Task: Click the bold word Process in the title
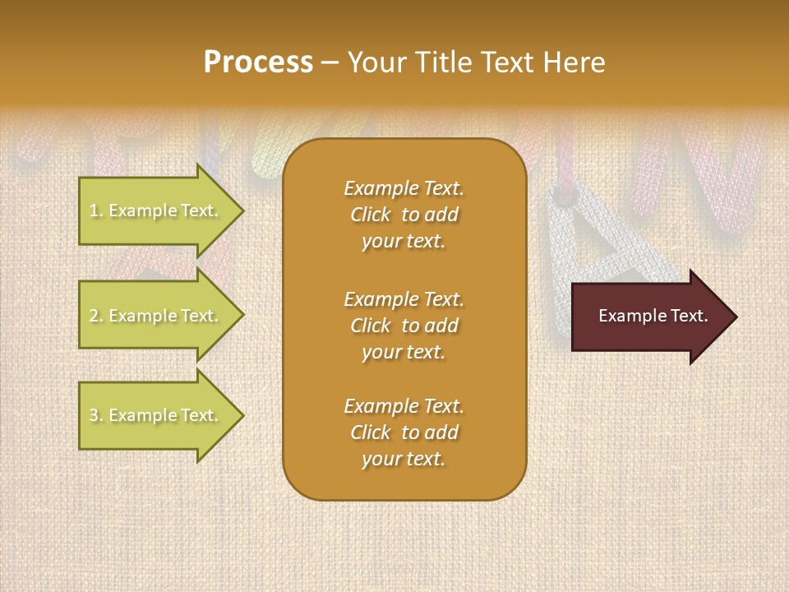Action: point(258,62)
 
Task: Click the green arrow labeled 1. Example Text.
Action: point(156,210)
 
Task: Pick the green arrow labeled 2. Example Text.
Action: point(156,316)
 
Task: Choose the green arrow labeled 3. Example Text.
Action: point(156,415)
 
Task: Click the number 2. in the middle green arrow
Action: point(96,316)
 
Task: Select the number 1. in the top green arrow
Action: point(95,210)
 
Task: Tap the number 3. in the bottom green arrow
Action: point(96,415)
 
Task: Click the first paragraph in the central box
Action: point(404,215)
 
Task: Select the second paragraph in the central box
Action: point(404,326)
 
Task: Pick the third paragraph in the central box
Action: point(404,432)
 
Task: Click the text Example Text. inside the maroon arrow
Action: point(653,316)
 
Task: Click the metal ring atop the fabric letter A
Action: point(563,197)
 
